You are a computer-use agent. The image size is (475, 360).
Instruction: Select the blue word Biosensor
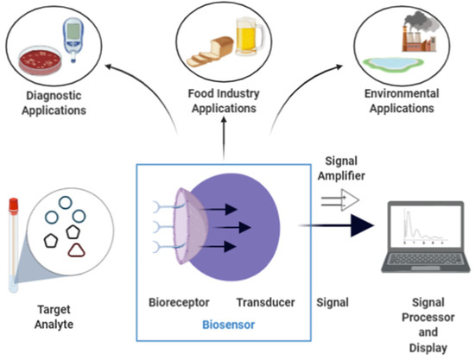[x=225, y=327]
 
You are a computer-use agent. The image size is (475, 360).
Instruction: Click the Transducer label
[x=264, y=303]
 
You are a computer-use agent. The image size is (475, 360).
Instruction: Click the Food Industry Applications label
[x=224, y=103]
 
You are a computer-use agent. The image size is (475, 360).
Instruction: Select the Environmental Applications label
[x=402, y=102]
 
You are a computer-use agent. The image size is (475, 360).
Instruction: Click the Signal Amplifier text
[x=344, y=169]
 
